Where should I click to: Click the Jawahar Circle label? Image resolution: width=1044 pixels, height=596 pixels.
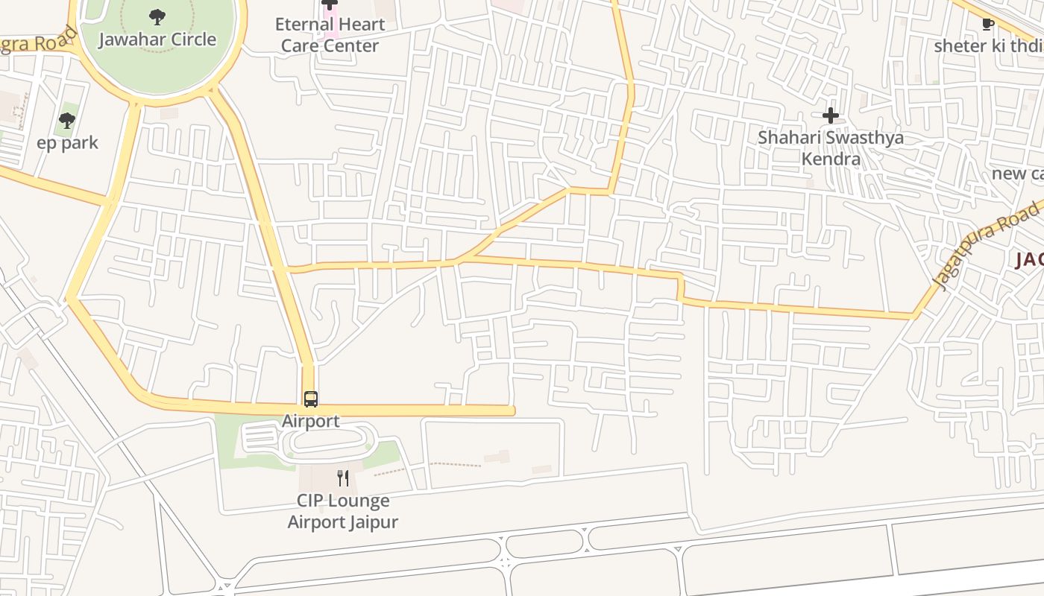click(x=157, y=39)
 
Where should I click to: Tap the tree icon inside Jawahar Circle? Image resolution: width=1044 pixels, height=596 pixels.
click(x=157, y=16)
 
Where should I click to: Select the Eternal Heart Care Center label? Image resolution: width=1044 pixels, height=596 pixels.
click(x=330, y=34)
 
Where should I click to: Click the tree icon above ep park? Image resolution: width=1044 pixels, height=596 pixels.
click(x=67, y=120)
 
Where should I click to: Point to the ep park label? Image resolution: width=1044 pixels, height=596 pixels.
click(x=67, y=142)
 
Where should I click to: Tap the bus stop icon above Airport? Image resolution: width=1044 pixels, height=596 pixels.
click(x=311, y=399)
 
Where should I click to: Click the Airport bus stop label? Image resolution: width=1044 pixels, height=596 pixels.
click(x=311, y=421)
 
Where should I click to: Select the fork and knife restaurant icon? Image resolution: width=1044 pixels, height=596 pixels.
click(x=343, y=478)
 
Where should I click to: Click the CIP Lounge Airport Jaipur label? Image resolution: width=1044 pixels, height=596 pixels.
click(x=343, y=510)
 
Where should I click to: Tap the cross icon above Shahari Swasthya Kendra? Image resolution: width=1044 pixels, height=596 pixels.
click(x=830, y=115)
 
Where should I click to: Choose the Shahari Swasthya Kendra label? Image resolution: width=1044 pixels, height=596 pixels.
click(x=831, y=148)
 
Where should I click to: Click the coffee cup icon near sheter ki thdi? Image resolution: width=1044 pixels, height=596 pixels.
click(x=988, y=24)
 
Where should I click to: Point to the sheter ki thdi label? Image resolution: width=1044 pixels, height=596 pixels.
click(x=988, y=45)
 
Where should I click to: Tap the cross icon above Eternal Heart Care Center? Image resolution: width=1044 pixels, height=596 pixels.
click(x=330, y=4)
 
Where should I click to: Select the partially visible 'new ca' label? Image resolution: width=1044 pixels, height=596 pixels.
click(x=1017, y=174)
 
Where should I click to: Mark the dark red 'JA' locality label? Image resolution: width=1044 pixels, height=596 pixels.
click(x=1029, y=259)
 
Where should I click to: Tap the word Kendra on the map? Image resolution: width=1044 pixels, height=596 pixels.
click(x=831, y=159)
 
